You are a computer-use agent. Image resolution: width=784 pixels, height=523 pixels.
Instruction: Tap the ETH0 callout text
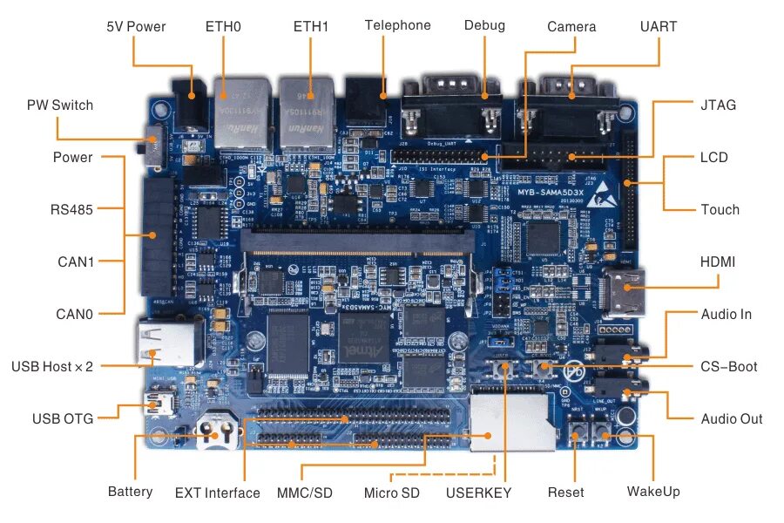tap(223, 27)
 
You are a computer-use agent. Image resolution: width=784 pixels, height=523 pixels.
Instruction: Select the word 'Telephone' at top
tap(397, 25)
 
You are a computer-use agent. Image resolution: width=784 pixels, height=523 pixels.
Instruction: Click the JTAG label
tap(718, 105)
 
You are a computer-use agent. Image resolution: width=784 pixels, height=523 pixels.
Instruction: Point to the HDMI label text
tap(718, 261)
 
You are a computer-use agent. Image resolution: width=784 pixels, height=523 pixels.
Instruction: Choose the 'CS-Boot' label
tap(728, 366)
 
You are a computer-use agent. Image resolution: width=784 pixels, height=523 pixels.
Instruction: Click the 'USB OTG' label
tap(62, 419)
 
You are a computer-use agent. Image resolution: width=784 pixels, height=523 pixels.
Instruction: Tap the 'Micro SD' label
tap(391, 493)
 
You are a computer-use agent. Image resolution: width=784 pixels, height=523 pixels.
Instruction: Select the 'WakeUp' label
tap(652, 492)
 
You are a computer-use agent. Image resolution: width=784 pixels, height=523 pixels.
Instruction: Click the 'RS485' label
tap(71, 209)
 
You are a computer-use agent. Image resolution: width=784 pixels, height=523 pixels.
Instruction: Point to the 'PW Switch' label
tap(59, 105)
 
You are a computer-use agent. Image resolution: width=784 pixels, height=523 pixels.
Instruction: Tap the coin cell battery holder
tap(217, 432)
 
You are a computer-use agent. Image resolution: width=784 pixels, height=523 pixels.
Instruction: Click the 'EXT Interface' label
tap(217, 493)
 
